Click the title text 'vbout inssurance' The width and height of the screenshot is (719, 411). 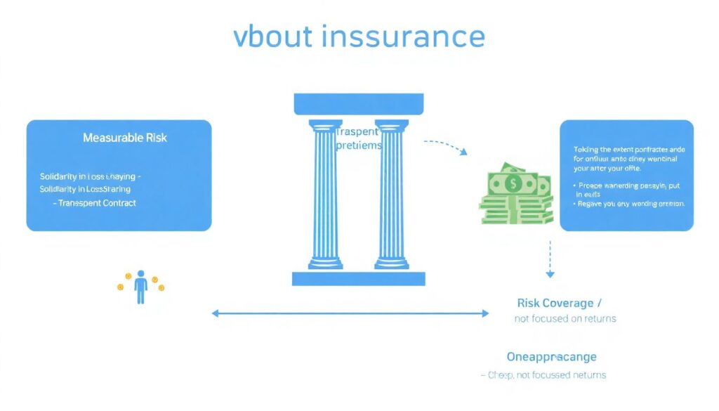pos(359,37)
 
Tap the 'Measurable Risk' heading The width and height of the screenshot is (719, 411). pos(125,138)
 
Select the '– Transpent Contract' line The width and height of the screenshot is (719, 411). pos(95,203)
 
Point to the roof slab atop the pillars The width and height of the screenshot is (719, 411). pos(358,105)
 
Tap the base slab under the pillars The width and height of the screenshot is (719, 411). pos(358,278)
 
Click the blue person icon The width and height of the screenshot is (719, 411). pos(140,287)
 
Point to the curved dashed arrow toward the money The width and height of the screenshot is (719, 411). pos(447,146)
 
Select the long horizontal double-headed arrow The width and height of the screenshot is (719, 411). pos(350,313)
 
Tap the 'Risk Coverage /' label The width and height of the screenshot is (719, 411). pos(559,303)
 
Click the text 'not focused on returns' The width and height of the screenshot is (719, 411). pos(565,318)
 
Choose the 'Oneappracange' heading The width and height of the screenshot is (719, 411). pos(551,356)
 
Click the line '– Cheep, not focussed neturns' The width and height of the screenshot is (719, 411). pos(543,375)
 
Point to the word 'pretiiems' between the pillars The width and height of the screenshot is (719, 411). pos(358,146)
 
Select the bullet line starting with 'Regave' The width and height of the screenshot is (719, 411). pos(630,204)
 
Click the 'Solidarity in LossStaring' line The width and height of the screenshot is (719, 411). pos(85,189)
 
